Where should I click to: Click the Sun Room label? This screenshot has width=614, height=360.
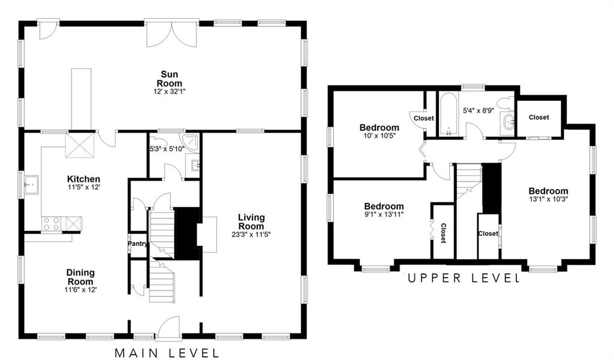click(x=169, y=79)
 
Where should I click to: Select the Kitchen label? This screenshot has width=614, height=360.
click(x=83, y=179)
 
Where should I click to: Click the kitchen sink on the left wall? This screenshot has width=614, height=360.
click(x=31, y=185)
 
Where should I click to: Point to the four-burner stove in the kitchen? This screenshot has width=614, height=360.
click(x=52, y=223)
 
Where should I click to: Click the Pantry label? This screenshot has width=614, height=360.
click(x=138, y=244)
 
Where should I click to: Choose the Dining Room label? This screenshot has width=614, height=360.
click(x=80, y=277)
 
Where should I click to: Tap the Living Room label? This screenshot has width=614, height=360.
click(x=251, y=222)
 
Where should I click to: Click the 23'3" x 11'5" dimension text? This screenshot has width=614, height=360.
click(x=251, y=235)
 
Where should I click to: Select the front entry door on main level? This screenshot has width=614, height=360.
click(x=168, y=327)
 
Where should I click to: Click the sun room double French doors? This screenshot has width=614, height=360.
click(x=171, y=33)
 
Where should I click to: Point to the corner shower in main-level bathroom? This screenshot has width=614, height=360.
click(x=191, y=142)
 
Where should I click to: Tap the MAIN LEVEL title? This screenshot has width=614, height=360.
click(x=167, y=353)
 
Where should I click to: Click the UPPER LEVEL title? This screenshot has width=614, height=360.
click(x=464, y=278)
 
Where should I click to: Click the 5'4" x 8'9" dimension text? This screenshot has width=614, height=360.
click(x=478, y=110)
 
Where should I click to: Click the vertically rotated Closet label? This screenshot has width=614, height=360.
click(x=443, y=233)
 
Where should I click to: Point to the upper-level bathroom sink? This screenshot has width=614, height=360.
click(x=508, y=122)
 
